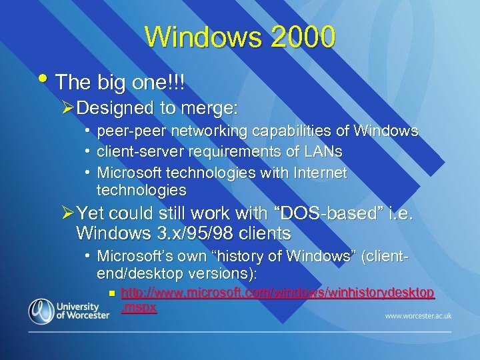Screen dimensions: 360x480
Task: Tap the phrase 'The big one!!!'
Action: (120, 83)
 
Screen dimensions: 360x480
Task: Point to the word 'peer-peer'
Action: (126, 131)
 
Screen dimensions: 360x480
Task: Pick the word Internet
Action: (320, 173)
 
